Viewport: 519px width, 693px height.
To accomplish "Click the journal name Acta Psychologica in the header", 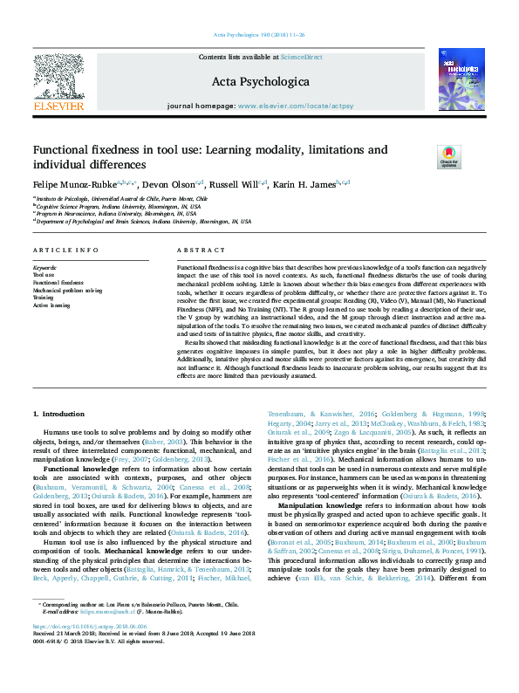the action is tap(260, 82).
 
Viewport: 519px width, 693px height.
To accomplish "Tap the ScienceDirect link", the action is tap(301, 57).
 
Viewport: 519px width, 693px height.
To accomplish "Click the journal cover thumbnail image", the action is tap(460, 83).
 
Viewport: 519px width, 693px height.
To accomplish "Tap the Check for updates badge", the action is tap(449, 157).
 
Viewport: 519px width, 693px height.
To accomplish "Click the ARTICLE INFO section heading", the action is tap(65, 250).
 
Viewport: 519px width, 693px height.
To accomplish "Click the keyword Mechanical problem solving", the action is tap(68, 291).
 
